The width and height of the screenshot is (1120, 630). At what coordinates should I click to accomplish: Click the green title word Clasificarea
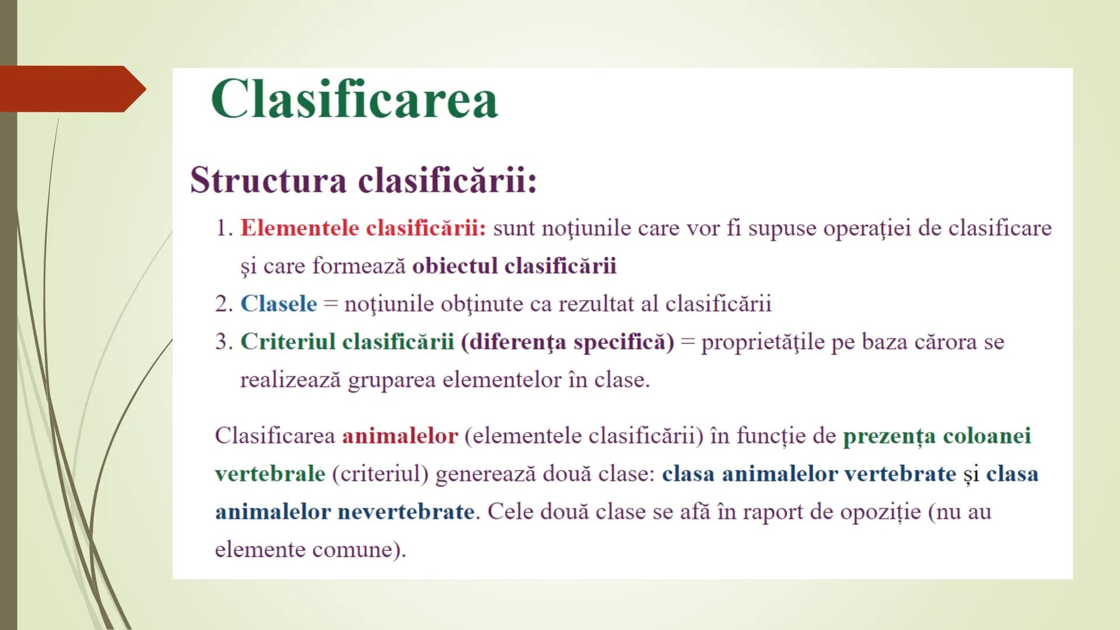[354, 99]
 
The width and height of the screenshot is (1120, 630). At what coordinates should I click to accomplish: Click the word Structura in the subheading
[268, 180]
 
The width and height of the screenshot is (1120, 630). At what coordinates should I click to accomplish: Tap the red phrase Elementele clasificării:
[363, 228]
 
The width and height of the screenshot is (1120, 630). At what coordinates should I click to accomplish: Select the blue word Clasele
[279, 304]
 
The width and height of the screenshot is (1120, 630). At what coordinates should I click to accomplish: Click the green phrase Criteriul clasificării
[347, 342]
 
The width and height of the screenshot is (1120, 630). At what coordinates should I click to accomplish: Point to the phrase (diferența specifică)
[567, 342]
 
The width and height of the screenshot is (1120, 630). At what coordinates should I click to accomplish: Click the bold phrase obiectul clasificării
[514, 266]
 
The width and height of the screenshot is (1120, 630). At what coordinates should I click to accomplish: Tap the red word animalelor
[400, 436]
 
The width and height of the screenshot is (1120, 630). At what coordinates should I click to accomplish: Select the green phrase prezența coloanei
[937, 436]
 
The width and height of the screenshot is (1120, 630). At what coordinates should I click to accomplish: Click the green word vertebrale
[269, 474]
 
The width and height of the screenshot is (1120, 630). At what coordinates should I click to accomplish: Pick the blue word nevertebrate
[406, 512]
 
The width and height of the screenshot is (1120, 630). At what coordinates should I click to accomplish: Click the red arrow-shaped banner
[70, 89]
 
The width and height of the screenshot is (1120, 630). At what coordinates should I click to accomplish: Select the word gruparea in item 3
[391, 380]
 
